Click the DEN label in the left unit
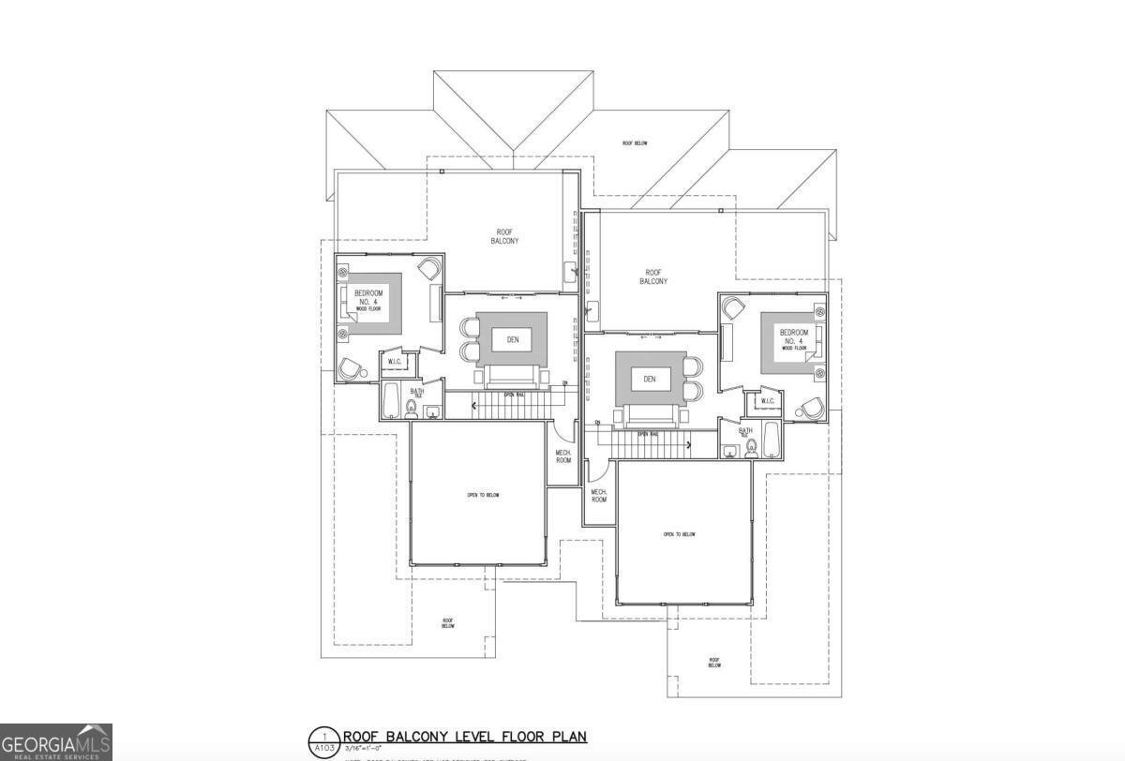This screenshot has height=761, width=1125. click(512, 339)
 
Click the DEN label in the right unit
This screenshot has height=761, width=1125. click(650, 379)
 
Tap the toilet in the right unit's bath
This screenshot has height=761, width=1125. click(751, 448)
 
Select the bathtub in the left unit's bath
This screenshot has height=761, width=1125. click(392, 400)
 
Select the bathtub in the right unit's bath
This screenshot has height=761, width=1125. click(771, 440)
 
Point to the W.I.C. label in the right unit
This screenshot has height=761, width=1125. click(767, 401)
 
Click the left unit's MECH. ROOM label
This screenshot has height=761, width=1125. click(563, 455)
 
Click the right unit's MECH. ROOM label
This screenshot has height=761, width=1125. click(598, 495)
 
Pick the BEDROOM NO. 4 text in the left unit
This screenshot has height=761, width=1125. click(368, 299)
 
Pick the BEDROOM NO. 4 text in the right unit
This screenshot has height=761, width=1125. click(793, 337)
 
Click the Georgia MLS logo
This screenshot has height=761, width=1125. click(56, 742)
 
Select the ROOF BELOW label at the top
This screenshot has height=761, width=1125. click(635, 143)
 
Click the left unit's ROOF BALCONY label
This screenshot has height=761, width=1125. click(504, 236)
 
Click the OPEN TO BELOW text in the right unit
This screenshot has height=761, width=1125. click(680, 534)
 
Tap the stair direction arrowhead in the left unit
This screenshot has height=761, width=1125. click(474, 405)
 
